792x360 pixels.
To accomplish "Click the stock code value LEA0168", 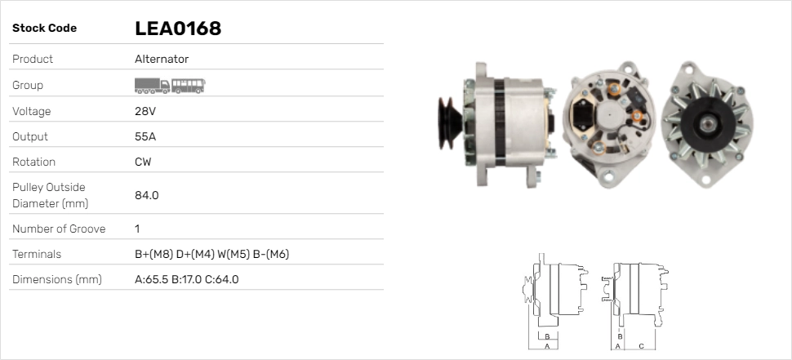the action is tap(178, 29).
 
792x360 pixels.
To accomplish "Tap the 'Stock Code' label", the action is tap(44, 29).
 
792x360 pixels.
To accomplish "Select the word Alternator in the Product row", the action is tap(162, 59).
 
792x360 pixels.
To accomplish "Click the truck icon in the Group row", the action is tap(152, 86).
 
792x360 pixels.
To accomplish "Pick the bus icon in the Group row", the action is tap(188, 86).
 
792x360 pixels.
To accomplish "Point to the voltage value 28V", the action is tap(145, 111).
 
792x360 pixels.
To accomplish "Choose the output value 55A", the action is tap(145, 137).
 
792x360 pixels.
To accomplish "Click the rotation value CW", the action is tap(143, 162).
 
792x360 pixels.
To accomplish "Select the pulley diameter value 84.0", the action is tap(146, 195).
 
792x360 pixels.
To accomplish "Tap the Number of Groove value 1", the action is tap(137, 229).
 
